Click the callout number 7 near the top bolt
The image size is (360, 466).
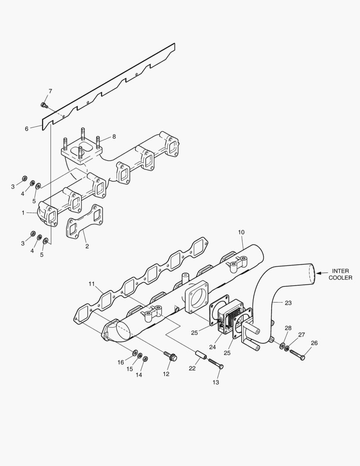[50, 91]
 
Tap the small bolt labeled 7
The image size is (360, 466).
[44, 105]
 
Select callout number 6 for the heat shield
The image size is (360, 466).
[26, 128]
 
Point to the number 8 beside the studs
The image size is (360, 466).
[114, 136]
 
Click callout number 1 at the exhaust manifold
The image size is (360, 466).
[23, 212]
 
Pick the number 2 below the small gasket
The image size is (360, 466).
[87, 246]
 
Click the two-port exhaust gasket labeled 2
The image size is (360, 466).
[85, 221]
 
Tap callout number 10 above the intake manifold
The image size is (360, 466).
[241, 232]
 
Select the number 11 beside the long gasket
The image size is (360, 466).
[91, 283]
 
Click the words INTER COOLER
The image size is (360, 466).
[340, 274]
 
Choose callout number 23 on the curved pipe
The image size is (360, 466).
[288, 303]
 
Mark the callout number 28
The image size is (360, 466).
[288, 328]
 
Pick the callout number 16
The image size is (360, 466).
[121, 362]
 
